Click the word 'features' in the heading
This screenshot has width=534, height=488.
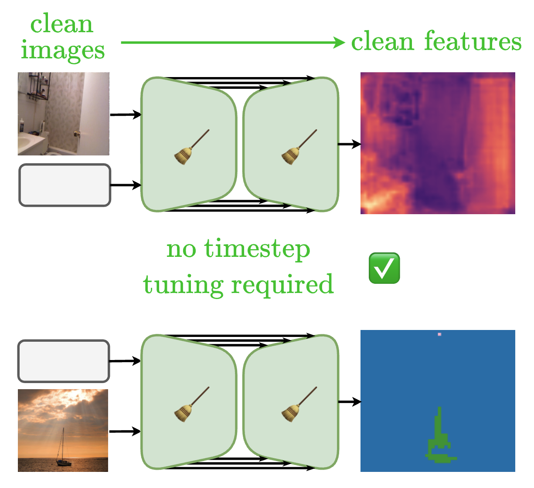pyautogui.click(x=473, y=41)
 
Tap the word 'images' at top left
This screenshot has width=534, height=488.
pyautogui.click(x=63, y=50)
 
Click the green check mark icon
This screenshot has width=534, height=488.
pyautogui.click(x=384, y=268)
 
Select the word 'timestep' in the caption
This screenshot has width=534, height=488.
pyautogui.click(x=257, y=249)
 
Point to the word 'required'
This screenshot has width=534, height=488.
pyautogui.click(x=282, y=285)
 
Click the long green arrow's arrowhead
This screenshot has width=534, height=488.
pyautogui.click(x=339, y=42)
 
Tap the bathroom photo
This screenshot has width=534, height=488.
pyautogui.click(x=64, y=114)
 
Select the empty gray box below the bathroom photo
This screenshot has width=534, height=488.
pyautogui.click(x=65, y=185)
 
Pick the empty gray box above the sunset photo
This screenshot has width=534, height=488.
pyautogui.click(x=64, y=361)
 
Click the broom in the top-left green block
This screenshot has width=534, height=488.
pyautogui.click(x=191, y=147)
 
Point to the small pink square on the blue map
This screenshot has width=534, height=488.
pyautogui.click(x=439, y=334)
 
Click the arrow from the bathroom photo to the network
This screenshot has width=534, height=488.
pyautogui.click(x=126, y=115)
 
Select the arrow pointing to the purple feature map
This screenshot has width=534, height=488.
pyautogui.click(x=349, y=144)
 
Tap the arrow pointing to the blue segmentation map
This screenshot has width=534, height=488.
pyautogui.click(x=349, y=401)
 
